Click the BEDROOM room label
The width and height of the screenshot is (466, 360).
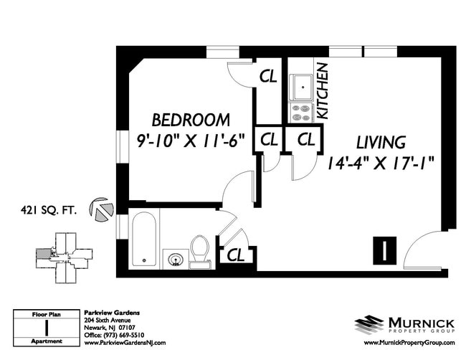(x=191, y=120)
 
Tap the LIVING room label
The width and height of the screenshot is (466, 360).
(x=381, y=142)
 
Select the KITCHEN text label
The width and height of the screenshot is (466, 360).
(x=322, y=91)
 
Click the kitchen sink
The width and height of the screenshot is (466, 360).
(x=303, y=87)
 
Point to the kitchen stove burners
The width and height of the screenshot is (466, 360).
(x=301, y=113)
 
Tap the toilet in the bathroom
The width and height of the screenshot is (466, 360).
(x=200, y=252)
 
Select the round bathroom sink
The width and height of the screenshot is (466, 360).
(x=176, y=259)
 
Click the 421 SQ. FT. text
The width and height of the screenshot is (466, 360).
(x=49, y=210)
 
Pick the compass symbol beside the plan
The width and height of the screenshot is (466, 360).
(x=101, y=209)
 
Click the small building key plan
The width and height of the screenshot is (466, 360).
(x=64, y=257)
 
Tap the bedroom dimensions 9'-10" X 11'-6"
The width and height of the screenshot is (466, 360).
(x=190, y=140)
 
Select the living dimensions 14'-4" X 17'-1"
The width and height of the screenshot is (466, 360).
(x=381, y=163)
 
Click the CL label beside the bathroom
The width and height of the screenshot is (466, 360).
(x=236, y=255)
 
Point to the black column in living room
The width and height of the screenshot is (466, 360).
(x=384, y=250)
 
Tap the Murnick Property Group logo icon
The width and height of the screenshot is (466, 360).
(x=368, y=325)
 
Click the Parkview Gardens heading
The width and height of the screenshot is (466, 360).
(x=112, y=313)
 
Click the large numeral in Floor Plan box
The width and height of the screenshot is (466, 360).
(x=47, y=328)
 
